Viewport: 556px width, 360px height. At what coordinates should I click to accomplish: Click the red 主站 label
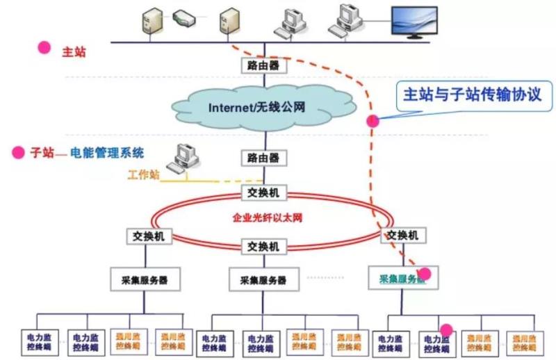pyautogui.click(x=74, y=51)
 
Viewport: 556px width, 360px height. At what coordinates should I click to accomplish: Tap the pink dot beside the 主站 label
pyautogui.click(x=44, y=47)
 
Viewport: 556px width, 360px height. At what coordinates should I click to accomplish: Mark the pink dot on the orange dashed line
pyautogui.click(x=373, y=120)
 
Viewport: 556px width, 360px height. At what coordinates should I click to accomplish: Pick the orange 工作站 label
pyautogui.click(x=143, y=174)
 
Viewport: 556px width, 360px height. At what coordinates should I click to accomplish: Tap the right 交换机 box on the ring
pyautogui.click(x=402, y=236)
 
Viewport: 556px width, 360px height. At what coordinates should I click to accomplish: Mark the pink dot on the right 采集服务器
pyautogui.click(x=425, y=274)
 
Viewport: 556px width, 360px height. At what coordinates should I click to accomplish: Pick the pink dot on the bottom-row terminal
pyautogui.click(x=446, y=329)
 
